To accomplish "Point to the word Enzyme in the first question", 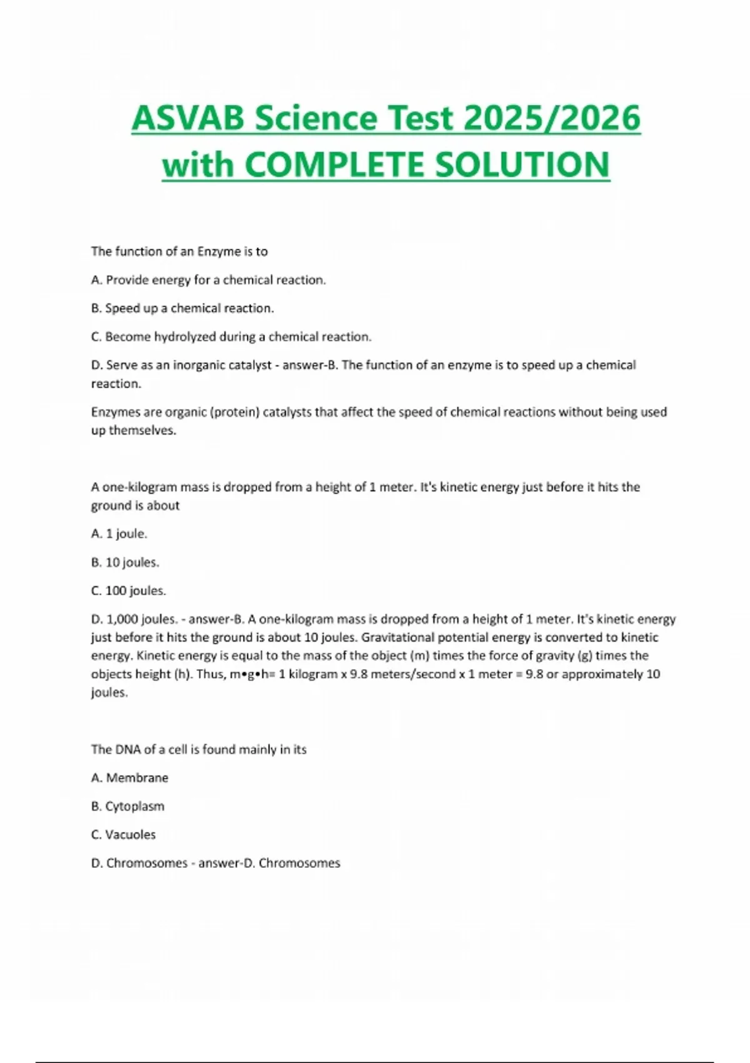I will click(219, 251).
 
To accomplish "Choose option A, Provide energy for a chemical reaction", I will click(209, 280).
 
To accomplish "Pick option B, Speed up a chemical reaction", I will click(182, 308).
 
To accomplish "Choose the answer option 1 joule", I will click(119, 534).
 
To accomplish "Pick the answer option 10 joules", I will click(125, 562).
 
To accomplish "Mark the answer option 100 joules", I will click(129, 590).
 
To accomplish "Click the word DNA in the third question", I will click(122, 749).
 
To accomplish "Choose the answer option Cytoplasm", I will click(128, 806).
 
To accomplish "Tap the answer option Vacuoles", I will click(124, 834).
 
